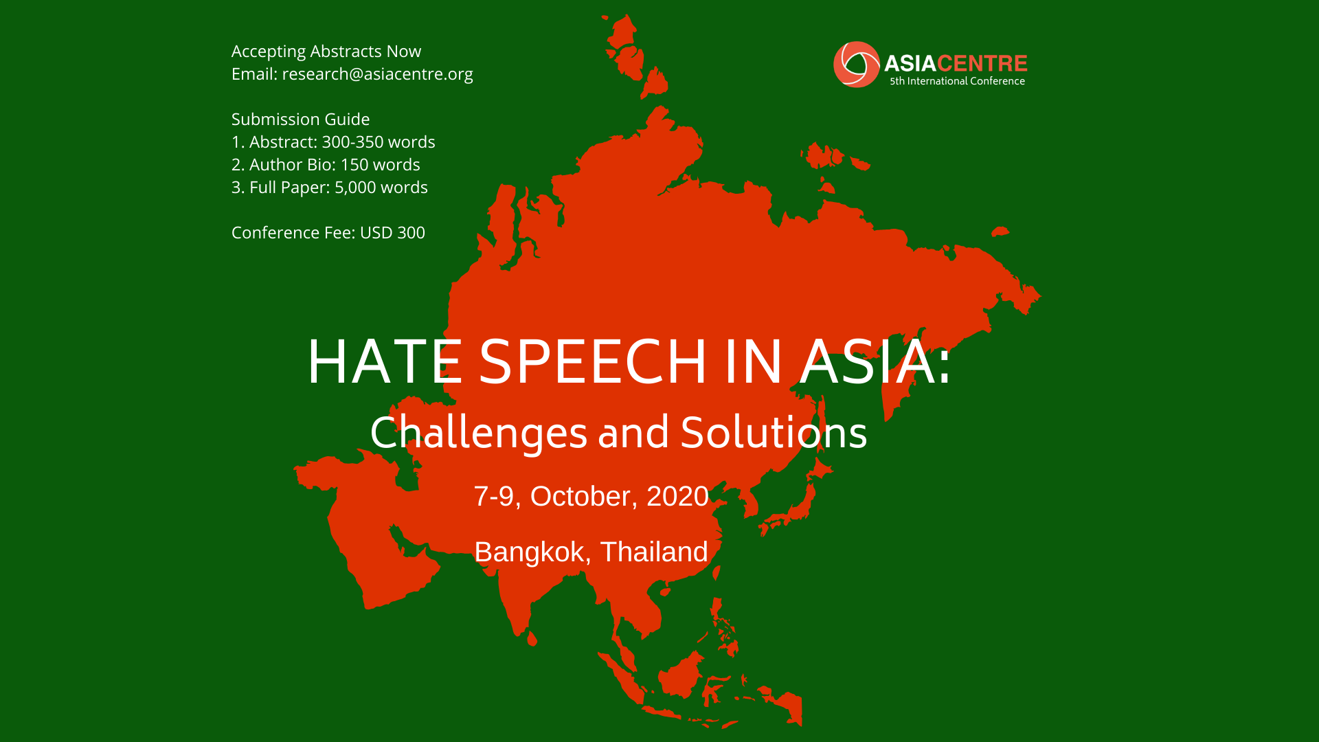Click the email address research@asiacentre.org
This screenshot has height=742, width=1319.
pyautogui.click(x=377, y=74)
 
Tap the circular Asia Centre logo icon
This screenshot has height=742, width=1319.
pyautogui.click(x=856, y=65)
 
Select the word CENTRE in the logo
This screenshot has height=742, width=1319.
pyautogui.click(x=982, y=64)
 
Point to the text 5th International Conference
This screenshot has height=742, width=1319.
pyautogui.click(x=957, y=81)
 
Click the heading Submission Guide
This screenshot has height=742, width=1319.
pyautogui.click(x=300, y=120)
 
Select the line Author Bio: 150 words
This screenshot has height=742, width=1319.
pyautogui.click(x=335, y=165)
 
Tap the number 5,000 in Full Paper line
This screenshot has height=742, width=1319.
pyautogui.click(x=355, y=188)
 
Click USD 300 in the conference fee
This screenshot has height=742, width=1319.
pyautogui.click(x=392, y=233)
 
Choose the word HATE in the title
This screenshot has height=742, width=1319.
pyautogui.click(x=385, y=361)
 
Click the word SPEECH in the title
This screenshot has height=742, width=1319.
pyautogui.click(x=593, y=361)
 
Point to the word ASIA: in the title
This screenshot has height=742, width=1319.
pyautogui.click(x=875, y=361)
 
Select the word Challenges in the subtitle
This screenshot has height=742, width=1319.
pyautogui.click(x=479, y=434)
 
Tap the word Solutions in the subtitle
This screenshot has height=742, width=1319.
pyautogui.click(x=774, y=433)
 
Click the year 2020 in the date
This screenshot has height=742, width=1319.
pyautogui.click(x=677, y=497)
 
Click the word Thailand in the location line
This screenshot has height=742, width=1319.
pyautogui.click(x=654, y=552)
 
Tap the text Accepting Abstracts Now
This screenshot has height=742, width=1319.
pyautogui.click(x=326, y=52)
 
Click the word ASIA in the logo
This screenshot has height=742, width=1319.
pyautogui.click(x=910, y=64)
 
